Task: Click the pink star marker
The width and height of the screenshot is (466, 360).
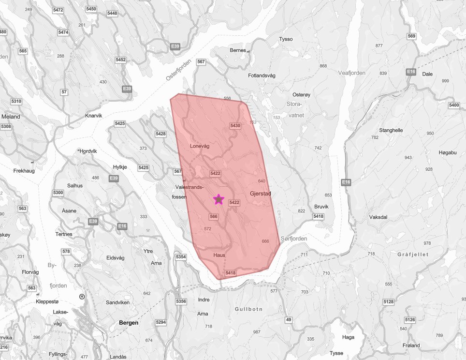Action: click(x=219, y=199)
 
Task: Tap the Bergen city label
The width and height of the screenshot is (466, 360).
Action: click(x=128, y=323)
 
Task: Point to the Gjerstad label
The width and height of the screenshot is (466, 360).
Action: click(x=261, y=194)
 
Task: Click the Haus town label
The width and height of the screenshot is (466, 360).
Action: click(x=219, y=255)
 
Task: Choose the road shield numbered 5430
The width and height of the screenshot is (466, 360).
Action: click(x=235, y=126)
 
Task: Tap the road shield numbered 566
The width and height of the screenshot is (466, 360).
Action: click(x=214, y=216)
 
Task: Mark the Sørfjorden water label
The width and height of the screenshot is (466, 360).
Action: click(x=293, y=239)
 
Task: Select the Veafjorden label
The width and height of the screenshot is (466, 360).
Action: click(x=352, y=73)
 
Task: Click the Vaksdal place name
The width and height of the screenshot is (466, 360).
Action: click(x=378, y=217)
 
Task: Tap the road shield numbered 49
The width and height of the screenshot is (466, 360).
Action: click(x=289, y=320)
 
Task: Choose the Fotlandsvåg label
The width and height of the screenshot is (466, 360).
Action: click(x=262, y=75)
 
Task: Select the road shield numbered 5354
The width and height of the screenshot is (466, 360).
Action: click(x=181, y=256)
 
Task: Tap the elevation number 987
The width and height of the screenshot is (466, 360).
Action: click(x=256, y=332)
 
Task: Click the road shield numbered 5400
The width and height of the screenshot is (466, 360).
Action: click(x=454, y=105)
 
